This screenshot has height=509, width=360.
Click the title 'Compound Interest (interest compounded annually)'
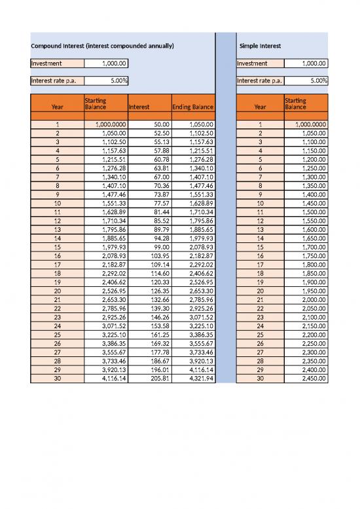point(102,47)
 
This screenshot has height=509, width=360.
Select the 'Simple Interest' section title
point(260,47)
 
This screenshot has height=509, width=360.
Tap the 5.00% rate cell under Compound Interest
point(107,81)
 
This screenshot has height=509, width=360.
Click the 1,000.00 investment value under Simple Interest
point(306,64)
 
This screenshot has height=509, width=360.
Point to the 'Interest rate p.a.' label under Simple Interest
point(261,81)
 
